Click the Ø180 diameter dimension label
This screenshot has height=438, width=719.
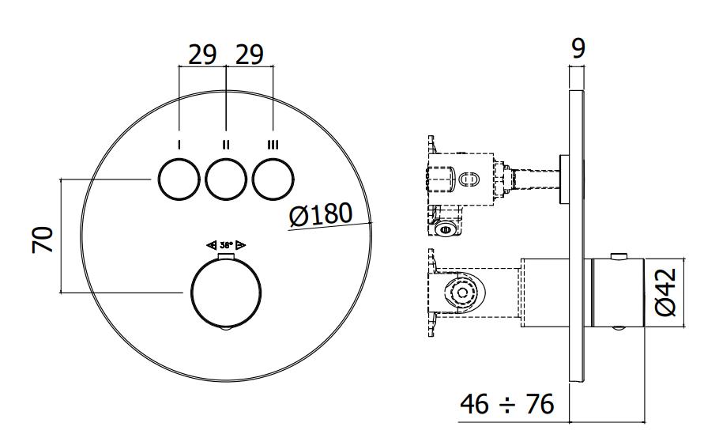tap(321, 213)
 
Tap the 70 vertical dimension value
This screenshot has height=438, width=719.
tap(43, 240)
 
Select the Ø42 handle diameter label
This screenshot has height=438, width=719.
tap(666, 293)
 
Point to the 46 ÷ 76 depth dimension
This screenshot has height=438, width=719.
tap(506, 404)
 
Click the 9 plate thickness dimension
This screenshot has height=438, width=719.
tap(578, 48)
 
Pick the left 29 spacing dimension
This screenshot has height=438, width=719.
tap(202, 55)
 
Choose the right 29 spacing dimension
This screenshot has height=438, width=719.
tap(250, 55)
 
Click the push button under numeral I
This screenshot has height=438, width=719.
tap(179, 179)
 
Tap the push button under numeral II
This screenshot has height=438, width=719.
tap(226, 179)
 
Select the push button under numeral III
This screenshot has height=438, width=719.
tap(273, 179)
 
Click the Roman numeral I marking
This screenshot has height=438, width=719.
tap(179, 145)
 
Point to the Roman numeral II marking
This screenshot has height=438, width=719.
tap(226, 145)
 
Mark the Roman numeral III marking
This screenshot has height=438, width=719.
tap(273, 145)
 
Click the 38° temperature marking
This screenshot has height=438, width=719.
tap(227, 245)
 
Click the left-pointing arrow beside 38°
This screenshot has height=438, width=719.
tap(212, 245)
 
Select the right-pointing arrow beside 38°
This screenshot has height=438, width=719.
tap(241, 245)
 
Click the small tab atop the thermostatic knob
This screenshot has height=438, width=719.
tap(226, 256)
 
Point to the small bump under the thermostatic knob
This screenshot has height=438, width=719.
tap(226, 328)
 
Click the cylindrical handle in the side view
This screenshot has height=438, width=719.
tap(618, 293)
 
